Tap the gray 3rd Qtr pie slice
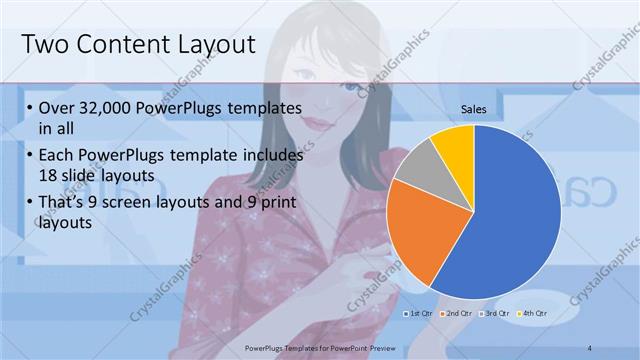[x=420, y=165]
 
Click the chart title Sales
[x=474, y=109]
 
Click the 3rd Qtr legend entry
[x=494, y=313]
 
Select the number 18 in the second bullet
[x=47, y=174]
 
